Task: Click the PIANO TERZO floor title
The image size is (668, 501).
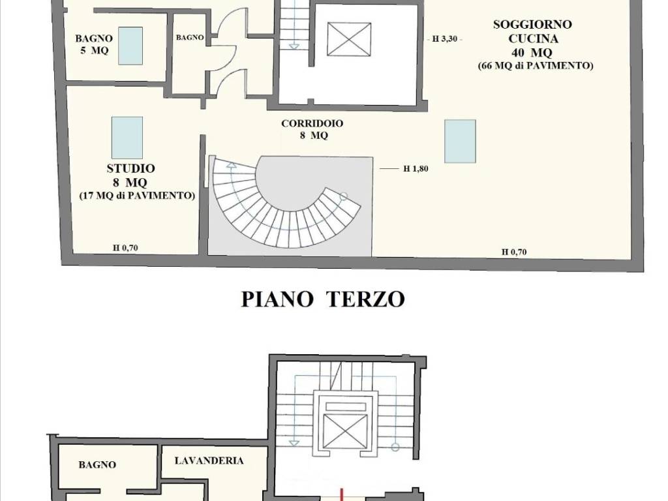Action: pos(323,299)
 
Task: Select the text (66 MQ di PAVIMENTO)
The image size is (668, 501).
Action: pos(534,66)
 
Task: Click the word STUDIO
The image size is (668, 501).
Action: pos(131,168)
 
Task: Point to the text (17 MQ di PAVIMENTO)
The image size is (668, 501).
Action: pos(138,195)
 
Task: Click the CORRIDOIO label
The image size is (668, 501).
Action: pos(312,123)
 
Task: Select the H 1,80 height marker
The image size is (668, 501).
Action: pos(416,169)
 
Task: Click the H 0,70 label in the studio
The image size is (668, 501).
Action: pos(125,247)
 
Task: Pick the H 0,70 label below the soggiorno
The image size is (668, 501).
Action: pos(513,252)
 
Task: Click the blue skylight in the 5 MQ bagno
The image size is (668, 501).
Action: pos(130,46)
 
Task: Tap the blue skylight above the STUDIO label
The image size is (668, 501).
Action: pos(127,138)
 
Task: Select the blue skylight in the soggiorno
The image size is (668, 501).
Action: pos(460,141)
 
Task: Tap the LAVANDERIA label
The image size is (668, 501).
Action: pos(209,461)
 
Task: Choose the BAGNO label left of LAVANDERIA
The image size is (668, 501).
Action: pos(97,465)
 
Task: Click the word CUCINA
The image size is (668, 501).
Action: pos(533,38)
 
